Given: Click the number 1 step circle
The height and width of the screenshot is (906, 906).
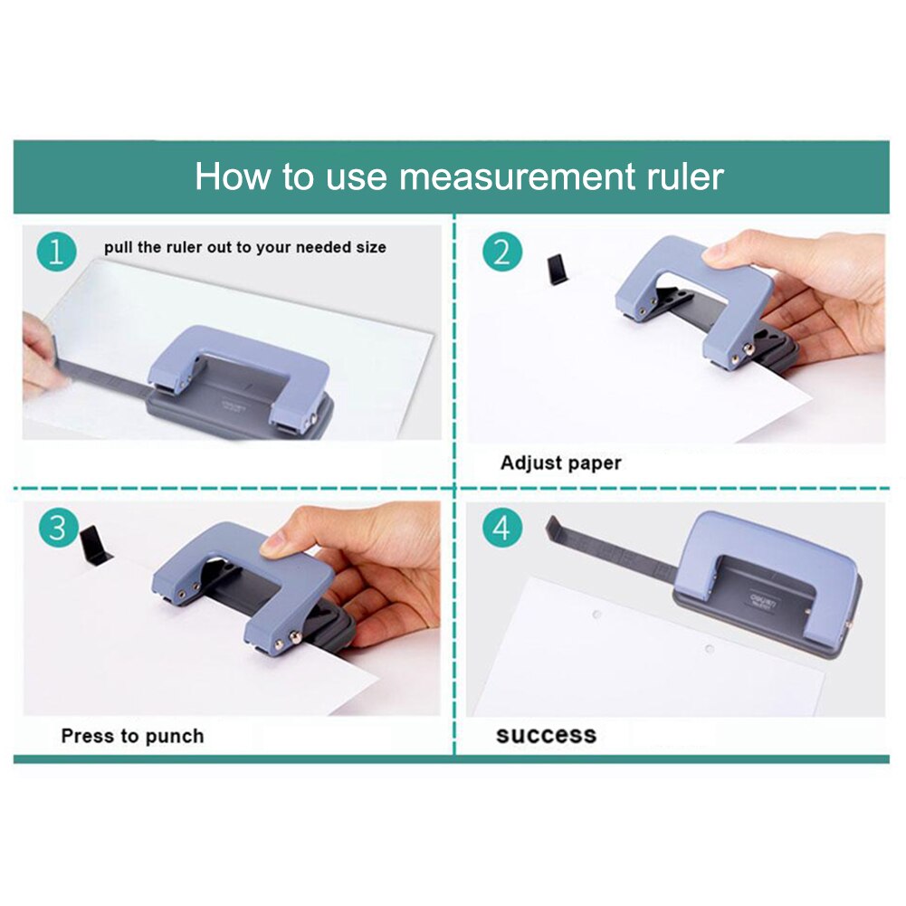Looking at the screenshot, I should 57,253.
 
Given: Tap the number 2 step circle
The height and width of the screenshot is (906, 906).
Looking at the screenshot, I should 501,253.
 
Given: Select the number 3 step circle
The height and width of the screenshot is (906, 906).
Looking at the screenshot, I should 57,527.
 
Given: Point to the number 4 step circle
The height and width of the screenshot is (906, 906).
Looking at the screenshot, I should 501,527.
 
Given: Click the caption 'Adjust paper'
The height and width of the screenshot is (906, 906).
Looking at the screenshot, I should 560,463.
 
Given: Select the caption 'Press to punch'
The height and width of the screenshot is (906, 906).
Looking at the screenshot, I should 132,736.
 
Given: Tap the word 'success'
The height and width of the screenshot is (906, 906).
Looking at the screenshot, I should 546,735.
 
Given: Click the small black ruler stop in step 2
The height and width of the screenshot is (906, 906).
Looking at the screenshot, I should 557,270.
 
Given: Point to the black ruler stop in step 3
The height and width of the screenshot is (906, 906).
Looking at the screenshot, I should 95,545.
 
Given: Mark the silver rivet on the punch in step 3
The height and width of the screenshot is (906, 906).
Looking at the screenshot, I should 295,642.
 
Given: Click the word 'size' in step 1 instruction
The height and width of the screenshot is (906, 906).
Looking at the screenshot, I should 369,247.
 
